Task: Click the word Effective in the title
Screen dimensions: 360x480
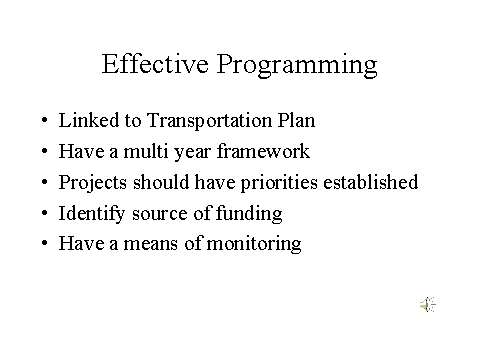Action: tap(153, 65)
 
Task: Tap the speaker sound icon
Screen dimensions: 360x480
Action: tap(427, 305)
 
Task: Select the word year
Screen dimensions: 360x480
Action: tap(191, 153)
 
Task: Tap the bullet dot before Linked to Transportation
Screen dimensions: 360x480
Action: tap(45, 123)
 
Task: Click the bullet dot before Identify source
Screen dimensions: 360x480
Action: tap(45, 214)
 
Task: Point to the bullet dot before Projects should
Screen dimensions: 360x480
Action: tap(45, 184)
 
